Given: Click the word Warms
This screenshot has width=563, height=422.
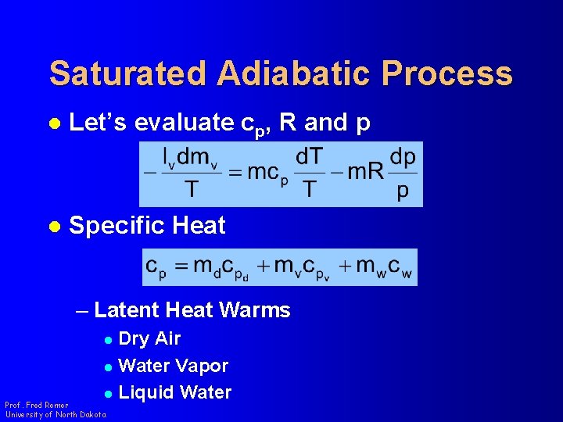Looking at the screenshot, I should (255, 310).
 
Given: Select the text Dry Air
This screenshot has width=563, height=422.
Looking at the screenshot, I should (149, 338).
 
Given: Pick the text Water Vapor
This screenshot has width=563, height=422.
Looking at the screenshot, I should (173, 366).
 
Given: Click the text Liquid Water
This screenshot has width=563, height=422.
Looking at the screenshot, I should (174, 392).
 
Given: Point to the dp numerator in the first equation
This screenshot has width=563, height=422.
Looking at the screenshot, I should (403, 156).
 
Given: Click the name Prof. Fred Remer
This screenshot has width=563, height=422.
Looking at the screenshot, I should (36, 405).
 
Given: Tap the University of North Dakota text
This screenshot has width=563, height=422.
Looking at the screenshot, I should (55, 415).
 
